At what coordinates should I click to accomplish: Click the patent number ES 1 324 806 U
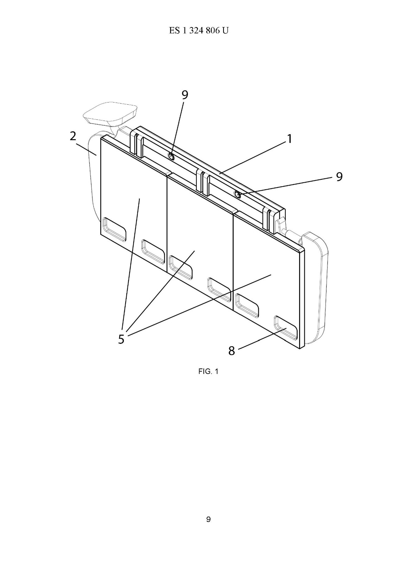pyautogui.click(x=198, y=31)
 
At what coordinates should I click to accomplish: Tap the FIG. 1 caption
pyautogui.click(x=208, y=371)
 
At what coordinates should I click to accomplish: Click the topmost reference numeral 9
pyautogui.click(x=185, y=95)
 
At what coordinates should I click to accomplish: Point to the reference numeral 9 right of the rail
pyautogui.click(x=339, y=177)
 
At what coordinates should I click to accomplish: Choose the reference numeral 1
pyautogui.click(x=290, y=139)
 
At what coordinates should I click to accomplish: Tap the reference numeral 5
pyautogui.click(x=121, y=339)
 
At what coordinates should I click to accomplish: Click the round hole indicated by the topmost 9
pyautogui.click(x=171, y=157)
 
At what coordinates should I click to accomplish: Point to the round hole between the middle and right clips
pyautogui.click(x=237, y=194)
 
